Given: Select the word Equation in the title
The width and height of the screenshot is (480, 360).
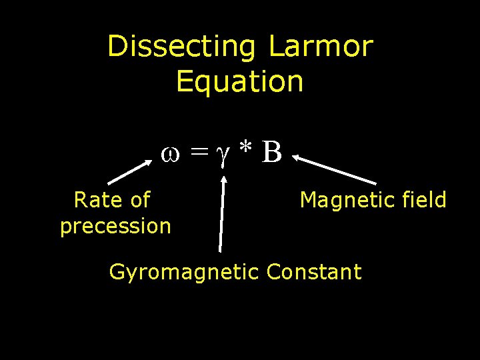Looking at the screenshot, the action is [240, 81].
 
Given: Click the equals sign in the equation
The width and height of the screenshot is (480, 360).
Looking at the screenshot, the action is [197, 153].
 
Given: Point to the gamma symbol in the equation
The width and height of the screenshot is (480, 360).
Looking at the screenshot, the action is [224, 155].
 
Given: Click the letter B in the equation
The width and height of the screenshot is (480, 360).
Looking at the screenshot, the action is [272, 152].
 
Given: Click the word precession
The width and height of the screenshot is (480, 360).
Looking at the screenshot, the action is [115, 226].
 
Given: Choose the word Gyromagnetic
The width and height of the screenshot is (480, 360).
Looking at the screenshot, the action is [184, 272].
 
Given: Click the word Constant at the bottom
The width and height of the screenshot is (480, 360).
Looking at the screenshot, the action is [313, 272].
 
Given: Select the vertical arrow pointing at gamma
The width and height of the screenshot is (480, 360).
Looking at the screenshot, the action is [223, 213].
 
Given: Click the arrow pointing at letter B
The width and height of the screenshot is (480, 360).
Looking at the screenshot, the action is [333, 170].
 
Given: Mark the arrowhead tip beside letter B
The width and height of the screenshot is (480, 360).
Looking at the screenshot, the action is [293, 157].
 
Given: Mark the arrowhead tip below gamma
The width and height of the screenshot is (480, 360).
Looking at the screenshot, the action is [226, 176].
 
